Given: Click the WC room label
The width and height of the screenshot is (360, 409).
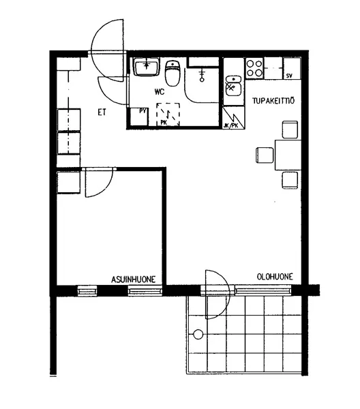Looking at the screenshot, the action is point(160,92).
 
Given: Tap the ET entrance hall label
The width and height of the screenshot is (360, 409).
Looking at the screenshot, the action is point(102,112).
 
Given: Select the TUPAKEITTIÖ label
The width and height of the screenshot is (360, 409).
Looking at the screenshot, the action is point(273,101).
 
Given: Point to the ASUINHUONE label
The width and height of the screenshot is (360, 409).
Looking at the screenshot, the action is point(134,279).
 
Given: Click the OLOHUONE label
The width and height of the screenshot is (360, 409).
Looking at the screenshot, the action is point(275,277).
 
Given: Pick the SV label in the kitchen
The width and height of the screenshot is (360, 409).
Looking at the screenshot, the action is point(289,76).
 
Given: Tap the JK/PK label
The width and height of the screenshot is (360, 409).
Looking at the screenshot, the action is point(231,125).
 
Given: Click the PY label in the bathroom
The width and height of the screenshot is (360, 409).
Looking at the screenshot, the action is point(142,111).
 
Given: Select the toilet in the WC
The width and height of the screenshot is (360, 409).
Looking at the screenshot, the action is point(172,74).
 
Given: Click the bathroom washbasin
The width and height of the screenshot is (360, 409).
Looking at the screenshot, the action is point(146,67).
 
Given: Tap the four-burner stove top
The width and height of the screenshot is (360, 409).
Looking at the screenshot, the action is point(254,67).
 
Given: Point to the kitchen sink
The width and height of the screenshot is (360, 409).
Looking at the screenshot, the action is point(233,86).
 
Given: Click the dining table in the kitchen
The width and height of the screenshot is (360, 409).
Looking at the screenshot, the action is point(288,155).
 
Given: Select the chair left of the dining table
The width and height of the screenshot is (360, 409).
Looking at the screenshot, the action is point(265,155).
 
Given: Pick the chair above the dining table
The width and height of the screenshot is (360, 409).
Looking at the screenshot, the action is point(290,130).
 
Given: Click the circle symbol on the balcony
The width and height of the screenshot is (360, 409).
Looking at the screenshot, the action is point(198,334).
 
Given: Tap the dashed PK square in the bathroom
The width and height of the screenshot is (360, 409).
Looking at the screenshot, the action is point(168,115).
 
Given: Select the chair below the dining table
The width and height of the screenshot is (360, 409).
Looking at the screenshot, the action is point(290,180).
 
